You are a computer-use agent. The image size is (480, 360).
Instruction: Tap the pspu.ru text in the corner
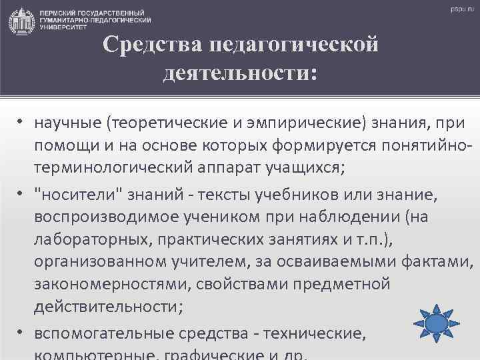[x=461, y=10]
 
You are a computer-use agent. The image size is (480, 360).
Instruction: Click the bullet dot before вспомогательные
[x=22, y=329]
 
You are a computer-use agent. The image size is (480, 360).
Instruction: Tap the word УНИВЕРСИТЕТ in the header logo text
[x=63, y=29]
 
